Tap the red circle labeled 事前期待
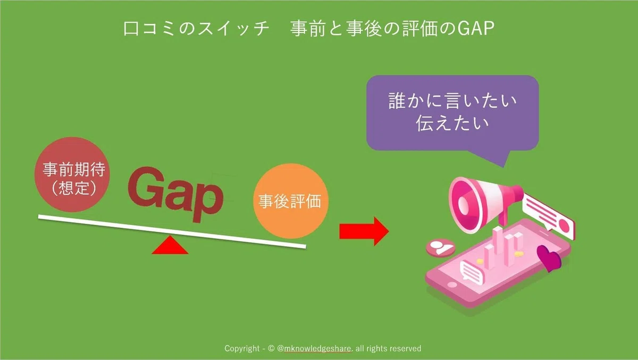(72, 174)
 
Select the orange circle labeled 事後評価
(291, 201)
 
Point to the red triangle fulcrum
(170, 245)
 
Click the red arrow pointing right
(364, 231)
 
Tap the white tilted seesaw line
(172, 231)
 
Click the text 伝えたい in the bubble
(452, 123)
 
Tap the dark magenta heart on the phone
(549, 258)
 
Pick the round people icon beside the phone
(441, 248)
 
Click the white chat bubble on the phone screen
(472, 273)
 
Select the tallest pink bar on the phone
(498, 247)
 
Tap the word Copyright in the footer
(242, 349)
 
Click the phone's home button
(452, 284)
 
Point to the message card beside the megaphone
(548, 216)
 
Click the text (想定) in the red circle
(73, 188)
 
